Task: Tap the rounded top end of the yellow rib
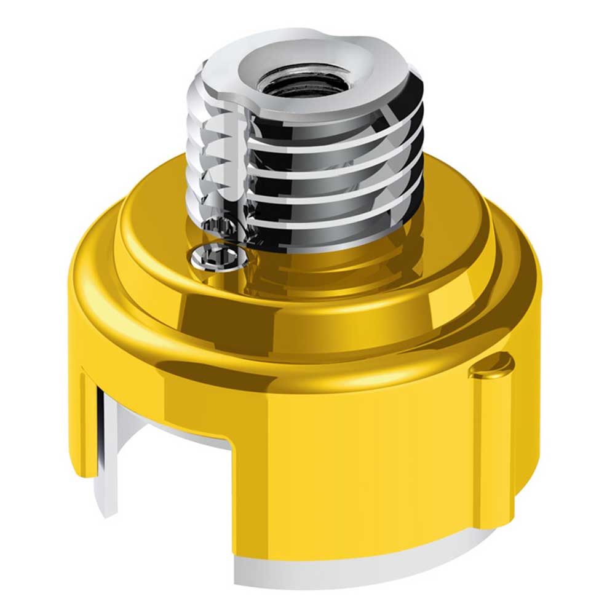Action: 492,367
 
